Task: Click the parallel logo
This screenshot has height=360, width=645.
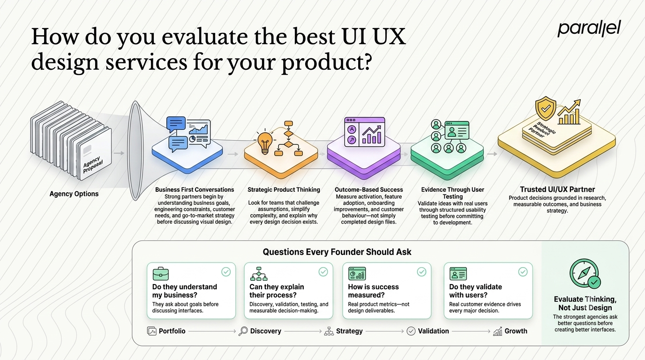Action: [589, 29]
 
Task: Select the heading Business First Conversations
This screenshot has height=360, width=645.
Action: [195, 190]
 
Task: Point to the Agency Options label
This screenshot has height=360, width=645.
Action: [74, 194]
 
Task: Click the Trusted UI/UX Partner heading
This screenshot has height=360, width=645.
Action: [557, 189]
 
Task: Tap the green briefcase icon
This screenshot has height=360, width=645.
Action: [161, 274]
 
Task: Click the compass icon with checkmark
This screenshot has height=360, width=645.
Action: [585, 274]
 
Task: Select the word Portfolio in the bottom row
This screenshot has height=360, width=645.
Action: [172, 331]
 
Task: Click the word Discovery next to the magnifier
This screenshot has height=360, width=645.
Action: [265, 331]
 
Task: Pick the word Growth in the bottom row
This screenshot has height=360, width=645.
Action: [516, 331]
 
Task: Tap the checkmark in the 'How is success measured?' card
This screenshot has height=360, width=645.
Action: [421, 272]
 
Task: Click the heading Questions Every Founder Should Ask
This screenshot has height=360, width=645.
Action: [337, 252]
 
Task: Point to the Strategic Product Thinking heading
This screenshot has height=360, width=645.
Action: [284, 190]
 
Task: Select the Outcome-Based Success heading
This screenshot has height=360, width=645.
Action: [368, 190]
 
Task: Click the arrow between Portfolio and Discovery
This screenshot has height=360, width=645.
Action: [212, 331]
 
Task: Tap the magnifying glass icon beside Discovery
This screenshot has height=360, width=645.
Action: [243, 331]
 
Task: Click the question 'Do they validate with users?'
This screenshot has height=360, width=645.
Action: [475, 291]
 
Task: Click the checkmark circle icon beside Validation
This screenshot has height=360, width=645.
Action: [411, 331]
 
